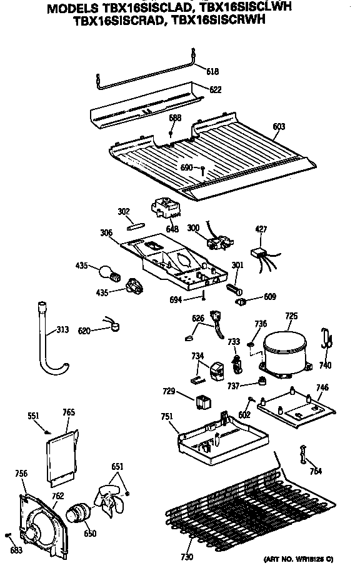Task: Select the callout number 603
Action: (279, 126)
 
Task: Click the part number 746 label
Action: (322, 387)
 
